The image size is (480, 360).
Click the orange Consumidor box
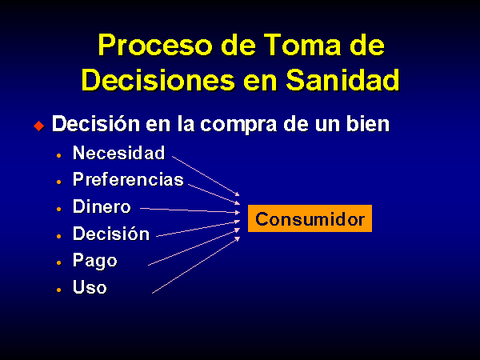[310, 218]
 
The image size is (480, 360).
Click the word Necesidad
[118, 153]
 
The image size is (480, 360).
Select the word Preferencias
[128, 179]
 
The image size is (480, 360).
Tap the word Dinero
[102, 206]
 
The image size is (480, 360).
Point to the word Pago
[95, 261]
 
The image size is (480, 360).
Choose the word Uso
[90, 287]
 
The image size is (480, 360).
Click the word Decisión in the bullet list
[111, 234]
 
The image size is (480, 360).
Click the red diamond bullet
[39, 126]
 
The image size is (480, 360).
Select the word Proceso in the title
[155, 45]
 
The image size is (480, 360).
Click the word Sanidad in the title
[343, 80]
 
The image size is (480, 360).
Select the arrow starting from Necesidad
[206, 176]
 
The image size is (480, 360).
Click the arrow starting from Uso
[196, 265]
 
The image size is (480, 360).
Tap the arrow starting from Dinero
[190, 210]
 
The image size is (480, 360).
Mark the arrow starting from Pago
[194, 246]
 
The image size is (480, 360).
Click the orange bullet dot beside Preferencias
[58, 182]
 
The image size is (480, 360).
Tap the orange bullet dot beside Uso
[58, 290]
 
